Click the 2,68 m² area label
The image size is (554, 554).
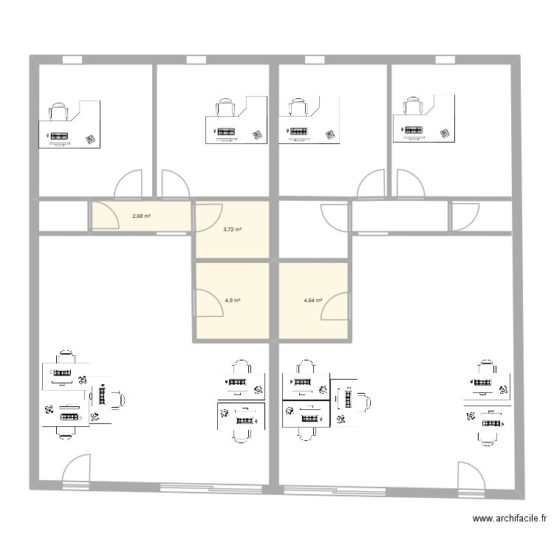point(141,216)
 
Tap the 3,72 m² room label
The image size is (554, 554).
point(233,230)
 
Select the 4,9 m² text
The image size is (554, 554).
point(233,301)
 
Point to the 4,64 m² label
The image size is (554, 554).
point(314,301)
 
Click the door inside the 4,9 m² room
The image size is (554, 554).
point(209,303)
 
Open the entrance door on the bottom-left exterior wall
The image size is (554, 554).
point(77,471)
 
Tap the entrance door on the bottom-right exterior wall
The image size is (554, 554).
point(471,477)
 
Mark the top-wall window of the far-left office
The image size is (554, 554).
point(72,60)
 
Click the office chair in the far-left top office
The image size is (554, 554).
point(58,112)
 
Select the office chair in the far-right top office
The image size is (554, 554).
point(413,107)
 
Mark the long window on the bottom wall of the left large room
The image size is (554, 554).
point(213,487)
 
